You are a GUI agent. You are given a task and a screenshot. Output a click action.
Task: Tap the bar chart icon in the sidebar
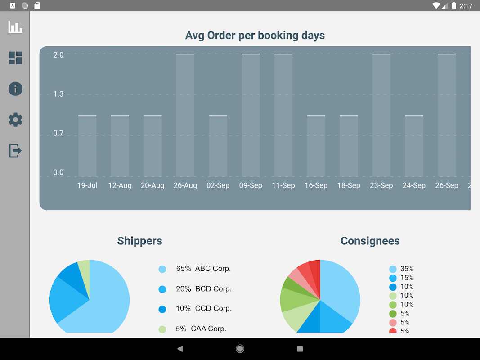[15, 27]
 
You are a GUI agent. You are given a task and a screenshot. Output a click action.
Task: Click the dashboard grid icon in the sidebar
[15, 58]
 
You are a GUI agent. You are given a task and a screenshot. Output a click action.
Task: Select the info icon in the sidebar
[15, 89]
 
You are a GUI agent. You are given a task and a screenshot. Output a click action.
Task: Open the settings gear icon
[15, 120]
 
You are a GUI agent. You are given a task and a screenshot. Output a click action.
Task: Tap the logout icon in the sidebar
[15, 150]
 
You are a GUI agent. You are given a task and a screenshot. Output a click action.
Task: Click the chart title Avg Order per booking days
[255, 36]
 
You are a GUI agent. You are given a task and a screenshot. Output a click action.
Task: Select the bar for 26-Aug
[185, 115]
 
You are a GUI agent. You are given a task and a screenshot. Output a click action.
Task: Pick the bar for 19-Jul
[87, 146]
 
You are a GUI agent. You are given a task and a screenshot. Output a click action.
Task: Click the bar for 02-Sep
[218, 146]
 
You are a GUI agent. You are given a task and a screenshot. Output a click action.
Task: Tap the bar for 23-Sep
[381, 115]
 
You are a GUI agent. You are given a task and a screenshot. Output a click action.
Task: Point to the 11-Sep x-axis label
[283, 185]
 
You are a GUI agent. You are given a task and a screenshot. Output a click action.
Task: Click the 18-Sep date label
[349, 185]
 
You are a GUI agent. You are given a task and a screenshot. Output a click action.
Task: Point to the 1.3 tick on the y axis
[58, 94]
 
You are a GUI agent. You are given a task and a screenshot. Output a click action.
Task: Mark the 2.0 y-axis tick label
[58, 55]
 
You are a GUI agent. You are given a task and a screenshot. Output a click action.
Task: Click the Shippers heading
[139, 241]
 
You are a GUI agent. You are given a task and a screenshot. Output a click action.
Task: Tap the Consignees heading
[370, 241]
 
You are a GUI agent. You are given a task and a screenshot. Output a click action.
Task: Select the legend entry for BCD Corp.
[204, 289]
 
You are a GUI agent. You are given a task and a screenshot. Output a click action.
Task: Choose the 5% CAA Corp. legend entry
[201, 328]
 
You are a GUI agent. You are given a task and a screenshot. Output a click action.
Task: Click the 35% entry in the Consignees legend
[407, 269]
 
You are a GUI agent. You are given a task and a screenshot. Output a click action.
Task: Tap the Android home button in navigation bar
[240, 349]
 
